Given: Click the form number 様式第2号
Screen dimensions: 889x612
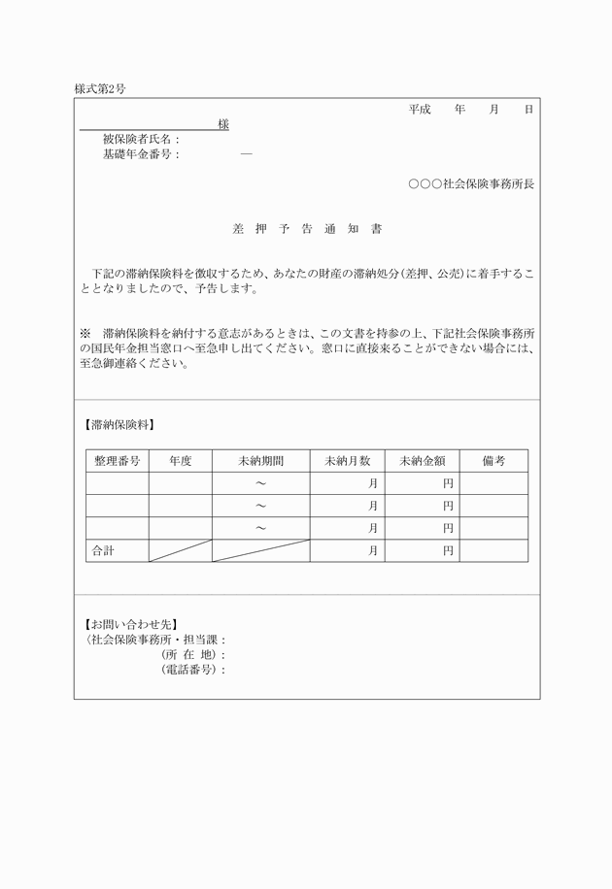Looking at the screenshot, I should pyautogui.click(x=100, y=88).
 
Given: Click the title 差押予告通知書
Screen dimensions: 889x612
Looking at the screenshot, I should pyautogui.click(x=307, y=230).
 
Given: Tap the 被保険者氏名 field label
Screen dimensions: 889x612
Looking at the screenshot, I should pyautogui.click(x=141, y=139).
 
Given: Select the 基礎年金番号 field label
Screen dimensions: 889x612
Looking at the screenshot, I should pyautogui.click(x=141, y=153).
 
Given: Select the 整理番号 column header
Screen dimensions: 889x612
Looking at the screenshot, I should pyautogui.click(x=118, y=461).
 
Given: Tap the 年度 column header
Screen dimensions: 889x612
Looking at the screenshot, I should pyautogui.click(x=180, y=461).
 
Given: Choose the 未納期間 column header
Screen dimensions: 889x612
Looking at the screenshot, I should pyautogui.click(x=260, y=461).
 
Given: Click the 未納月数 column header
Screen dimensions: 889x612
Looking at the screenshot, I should pyautogui.click(x=348, y=461).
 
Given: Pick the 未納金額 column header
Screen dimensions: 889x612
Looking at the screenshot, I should pyautogui.click(x=422, y=461).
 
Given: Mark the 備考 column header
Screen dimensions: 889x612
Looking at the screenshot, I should pyautogui.click(x=493, y=461).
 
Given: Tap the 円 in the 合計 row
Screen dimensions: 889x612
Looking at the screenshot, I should pyautogui.click(x=448, y=550).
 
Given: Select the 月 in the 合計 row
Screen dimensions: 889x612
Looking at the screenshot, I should pyautogui.click(x=373, y=550).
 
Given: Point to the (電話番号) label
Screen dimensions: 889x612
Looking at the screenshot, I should pyautogui.click(x=191, y=670).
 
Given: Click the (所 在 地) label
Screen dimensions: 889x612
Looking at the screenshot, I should pyautogui.click(x=191, y=655).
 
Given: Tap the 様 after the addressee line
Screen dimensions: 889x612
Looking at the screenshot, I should pyautogui.click(x=223, y=124).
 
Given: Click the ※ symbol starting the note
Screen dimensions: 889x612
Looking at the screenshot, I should pyautogui.click(x=85, y=331).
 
